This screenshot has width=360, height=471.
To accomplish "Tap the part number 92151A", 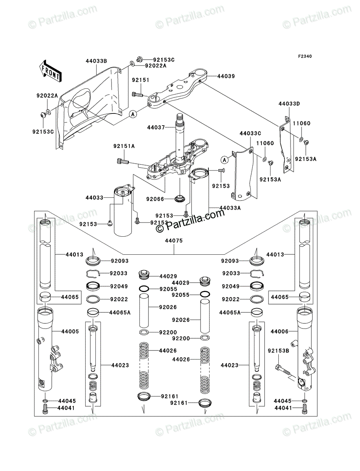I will click(124, 146).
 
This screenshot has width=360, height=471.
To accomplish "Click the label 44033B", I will click(97, 61).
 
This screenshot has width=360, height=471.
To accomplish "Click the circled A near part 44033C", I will click(224, 159).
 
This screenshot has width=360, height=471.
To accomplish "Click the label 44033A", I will click(230, 208).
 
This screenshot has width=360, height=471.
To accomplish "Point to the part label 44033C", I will click(250, 134).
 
